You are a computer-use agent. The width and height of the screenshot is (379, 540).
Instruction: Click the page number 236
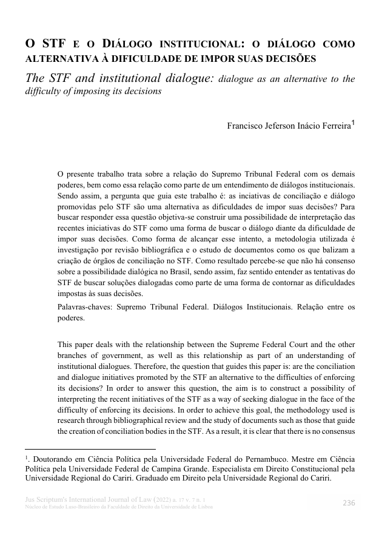tap(349, 503)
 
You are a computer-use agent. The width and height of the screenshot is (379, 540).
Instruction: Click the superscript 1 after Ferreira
tap(354, 123)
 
